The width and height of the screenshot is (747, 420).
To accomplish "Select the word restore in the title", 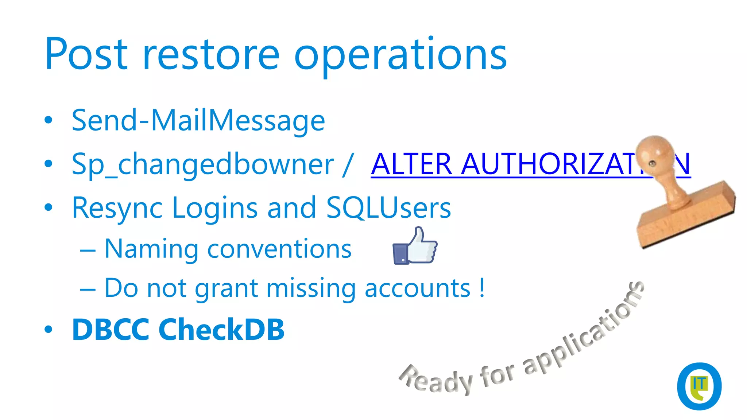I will pyautogui.click(x=211, y=55).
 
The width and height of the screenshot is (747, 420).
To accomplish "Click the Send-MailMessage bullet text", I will pyautogui.click(x=198, y=121).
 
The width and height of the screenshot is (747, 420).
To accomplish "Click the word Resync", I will pyautogui.click(x=117, y=208).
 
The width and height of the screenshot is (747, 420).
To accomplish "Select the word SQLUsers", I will pyautogui.click(x=388, y=208).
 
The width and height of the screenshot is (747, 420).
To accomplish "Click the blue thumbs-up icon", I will pyautogui.click(x=415, y=246).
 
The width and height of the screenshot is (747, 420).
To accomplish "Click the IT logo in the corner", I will pyautogui.click(x=699, y=386).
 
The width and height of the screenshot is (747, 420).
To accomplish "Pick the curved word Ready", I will pyautogui.click(x=436, y=381).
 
